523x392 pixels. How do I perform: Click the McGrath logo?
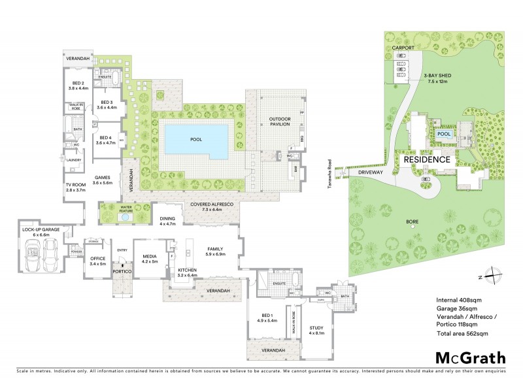(470, 357)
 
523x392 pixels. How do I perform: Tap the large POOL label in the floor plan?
(196, 139)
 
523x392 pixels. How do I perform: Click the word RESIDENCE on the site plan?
(426, 159)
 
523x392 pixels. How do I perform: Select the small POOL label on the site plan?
(445, 134)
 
